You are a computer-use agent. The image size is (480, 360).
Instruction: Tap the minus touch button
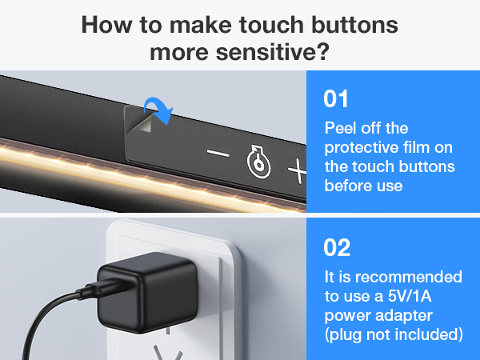pyautogui.click(x=218, y=153)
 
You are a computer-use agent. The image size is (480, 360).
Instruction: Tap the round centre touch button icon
pyautogui.click(x=258, y=162)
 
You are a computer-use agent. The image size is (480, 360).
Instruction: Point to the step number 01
pyautogui.click(x=336, y=99)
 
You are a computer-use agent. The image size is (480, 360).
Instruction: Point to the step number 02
pyautogui.click(x=337, y=248)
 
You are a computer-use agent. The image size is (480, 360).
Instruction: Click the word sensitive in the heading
pyautogui.click(x=263, y=52)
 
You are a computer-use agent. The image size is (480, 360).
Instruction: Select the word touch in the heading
pyautogui.click(x=271, y=25)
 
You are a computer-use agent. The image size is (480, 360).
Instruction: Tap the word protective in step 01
pyautogui.click(x=362, y=148)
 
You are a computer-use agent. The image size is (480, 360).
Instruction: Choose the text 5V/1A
pyautogui.click(x=410, y=296)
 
